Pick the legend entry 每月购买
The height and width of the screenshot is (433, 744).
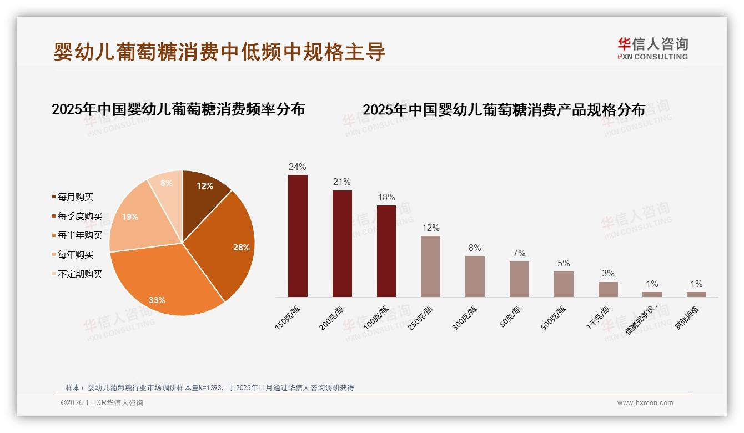click(76, 197)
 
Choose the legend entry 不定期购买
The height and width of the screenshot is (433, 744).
click(80, 274)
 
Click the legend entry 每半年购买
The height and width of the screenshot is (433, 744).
click(80, 235)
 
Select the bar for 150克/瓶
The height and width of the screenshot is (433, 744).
click(298, 236)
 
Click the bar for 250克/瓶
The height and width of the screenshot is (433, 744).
click(430, 266)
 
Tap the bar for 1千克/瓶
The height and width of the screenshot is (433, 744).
click(608, 289)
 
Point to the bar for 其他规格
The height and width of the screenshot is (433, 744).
click(696, 294)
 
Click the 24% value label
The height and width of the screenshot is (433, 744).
click(298, 167)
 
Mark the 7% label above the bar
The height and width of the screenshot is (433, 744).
click(519, 254)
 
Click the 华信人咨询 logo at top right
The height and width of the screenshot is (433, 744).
click(652, 48)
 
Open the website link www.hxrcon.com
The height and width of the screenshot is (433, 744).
click(645, 403)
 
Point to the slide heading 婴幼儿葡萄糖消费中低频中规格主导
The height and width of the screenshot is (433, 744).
click(219, 52)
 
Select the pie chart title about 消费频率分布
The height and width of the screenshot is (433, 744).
click(178, 109)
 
